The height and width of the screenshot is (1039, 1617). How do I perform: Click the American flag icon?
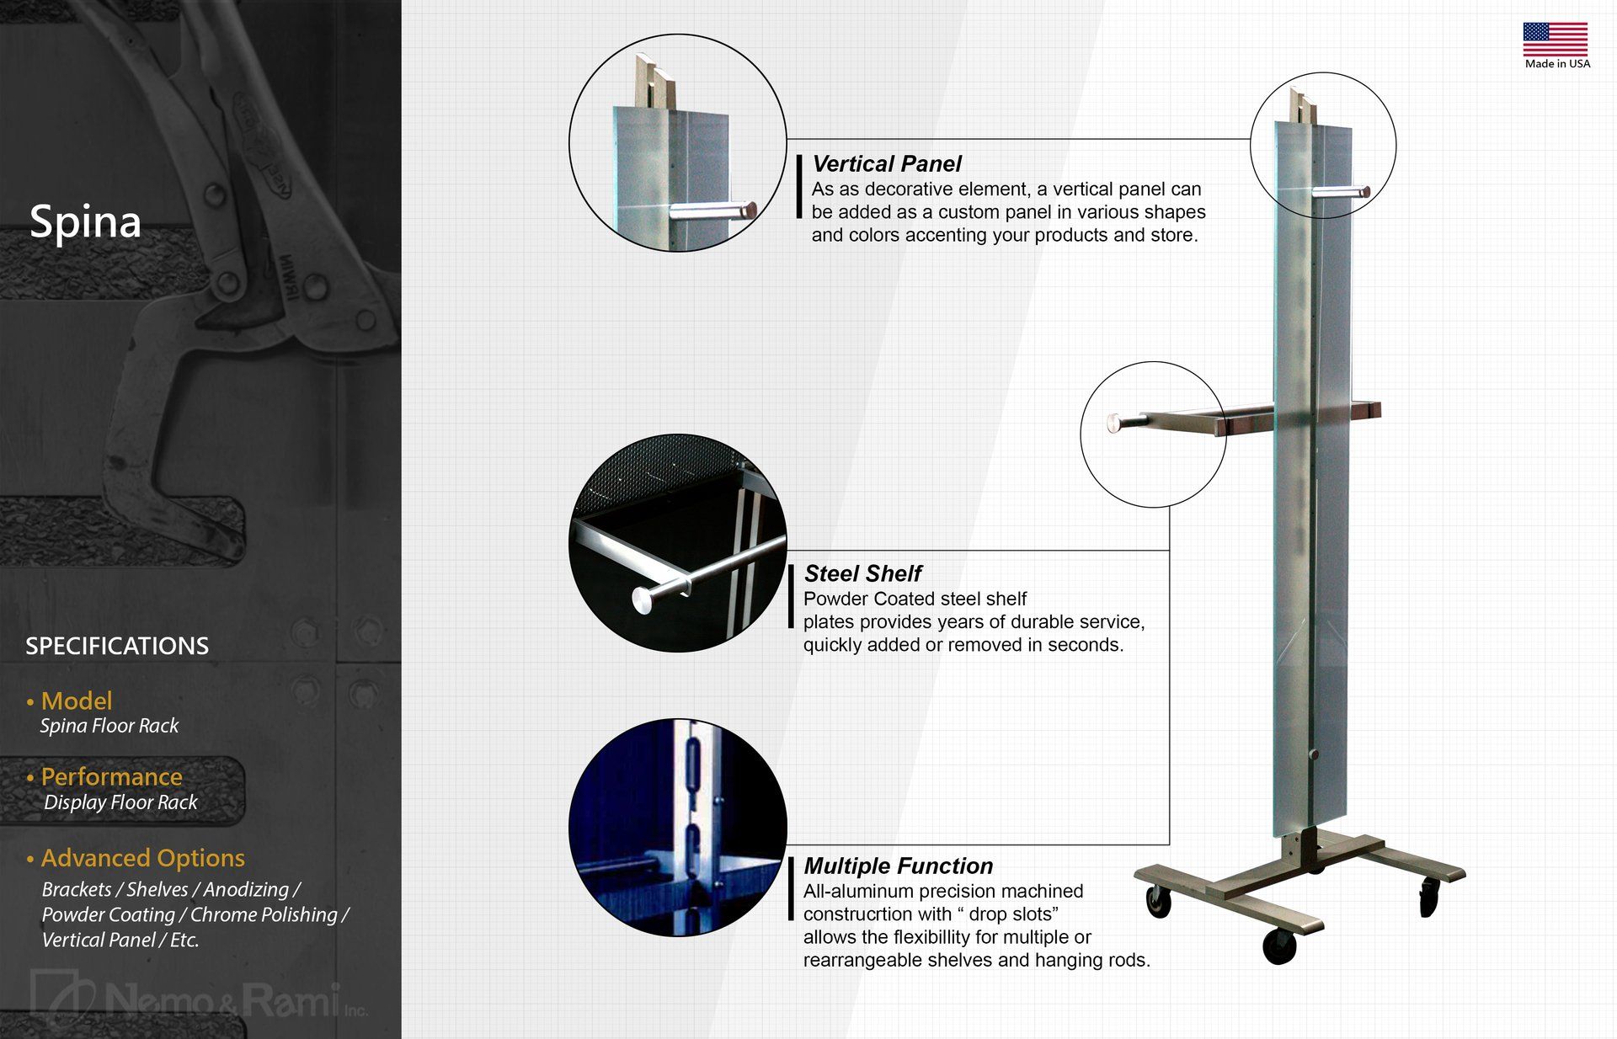(1555, 40)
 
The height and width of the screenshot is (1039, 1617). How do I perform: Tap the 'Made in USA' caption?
(1557, 64)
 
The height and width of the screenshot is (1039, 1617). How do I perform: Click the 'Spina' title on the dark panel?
(85, 222)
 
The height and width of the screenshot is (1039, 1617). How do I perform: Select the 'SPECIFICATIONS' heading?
(117, 646)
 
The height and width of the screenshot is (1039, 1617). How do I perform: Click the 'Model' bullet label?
(76, 701)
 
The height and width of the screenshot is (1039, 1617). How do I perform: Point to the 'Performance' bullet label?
(111, 776)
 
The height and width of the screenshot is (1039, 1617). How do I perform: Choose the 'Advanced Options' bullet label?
(142, 858)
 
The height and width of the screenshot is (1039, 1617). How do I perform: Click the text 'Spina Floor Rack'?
(109, 726)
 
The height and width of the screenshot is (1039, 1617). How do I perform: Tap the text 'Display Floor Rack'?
(120, 802)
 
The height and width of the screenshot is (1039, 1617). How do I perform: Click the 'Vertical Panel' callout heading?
(886, 164)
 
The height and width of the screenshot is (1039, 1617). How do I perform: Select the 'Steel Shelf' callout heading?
(862, 574)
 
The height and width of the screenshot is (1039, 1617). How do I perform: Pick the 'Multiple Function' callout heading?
(898, 866)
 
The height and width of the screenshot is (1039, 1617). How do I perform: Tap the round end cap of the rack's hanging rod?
(1113, 423)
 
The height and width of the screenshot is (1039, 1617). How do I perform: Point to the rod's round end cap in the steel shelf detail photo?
(643, 599)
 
